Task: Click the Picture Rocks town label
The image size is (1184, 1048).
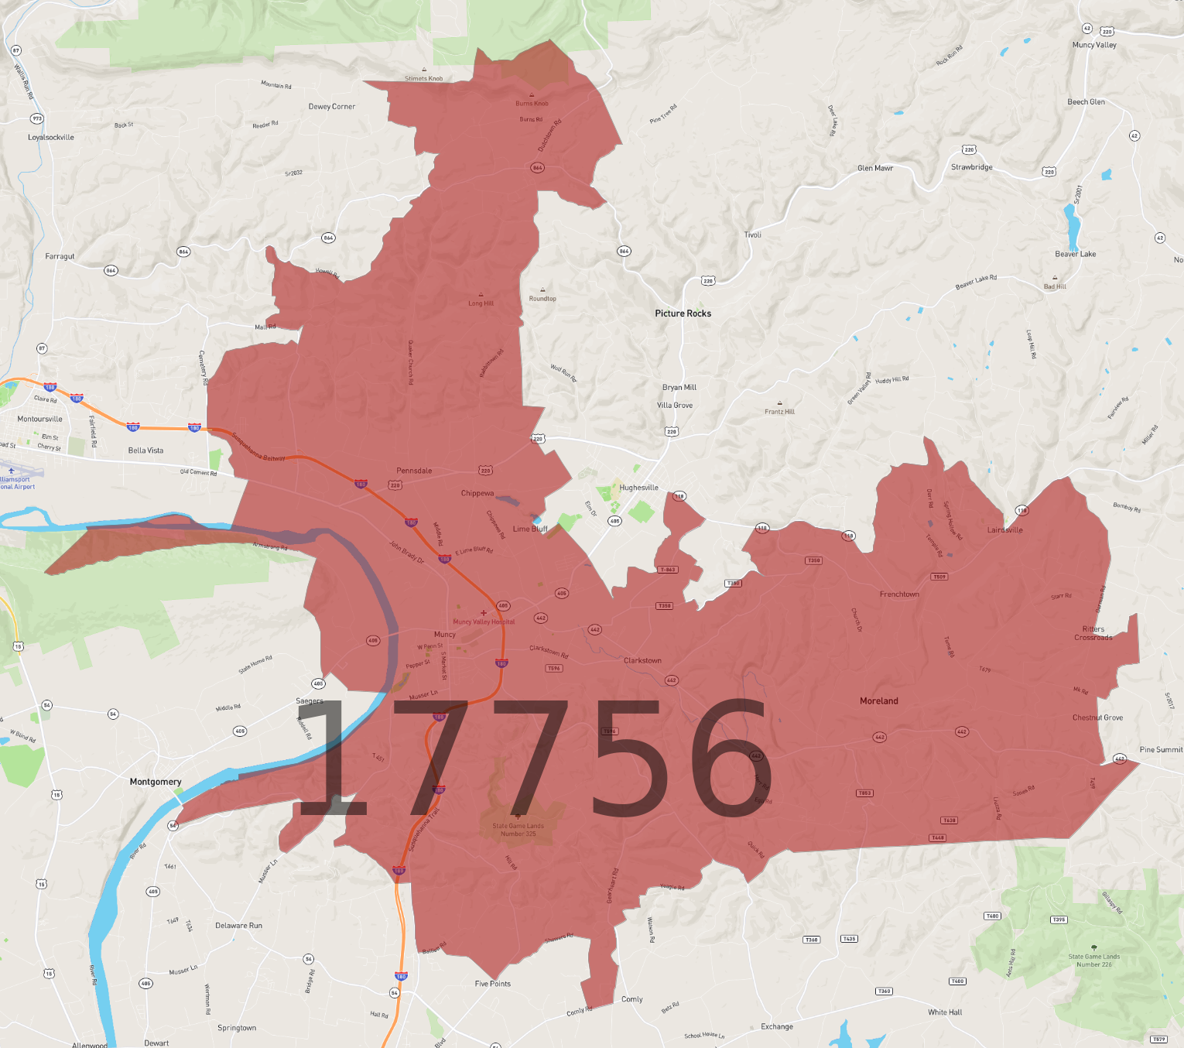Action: [683, 313]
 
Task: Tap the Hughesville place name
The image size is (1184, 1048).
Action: [638, 488]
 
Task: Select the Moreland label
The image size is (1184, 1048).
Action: [879, 701]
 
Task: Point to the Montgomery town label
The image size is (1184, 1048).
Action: [156, 782]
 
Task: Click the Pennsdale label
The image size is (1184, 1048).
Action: [414, 471]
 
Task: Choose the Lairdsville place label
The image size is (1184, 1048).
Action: [1004, 530]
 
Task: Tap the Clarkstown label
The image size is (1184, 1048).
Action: [642, 661]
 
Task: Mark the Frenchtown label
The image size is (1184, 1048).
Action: [899, 594]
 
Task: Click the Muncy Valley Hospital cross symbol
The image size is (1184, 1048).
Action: [484, 613]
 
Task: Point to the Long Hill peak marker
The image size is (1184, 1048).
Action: [481, 295]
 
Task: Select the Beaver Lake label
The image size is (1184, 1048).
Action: [1075, 254]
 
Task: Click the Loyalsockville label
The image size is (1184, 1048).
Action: [51, 138]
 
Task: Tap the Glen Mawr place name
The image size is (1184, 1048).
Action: [874, 168]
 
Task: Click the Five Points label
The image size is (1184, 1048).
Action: [493, 984]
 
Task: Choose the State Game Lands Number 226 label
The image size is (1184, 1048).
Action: [1093, 961]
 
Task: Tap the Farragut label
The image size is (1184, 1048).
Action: [60, 256]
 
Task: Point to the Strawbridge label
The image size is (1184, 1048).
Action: [971, 167]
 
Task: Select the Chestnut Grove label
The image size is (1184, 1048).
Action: [1097, 718]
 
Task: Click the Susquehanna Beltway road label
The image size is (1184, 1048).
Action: [258, 447]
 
